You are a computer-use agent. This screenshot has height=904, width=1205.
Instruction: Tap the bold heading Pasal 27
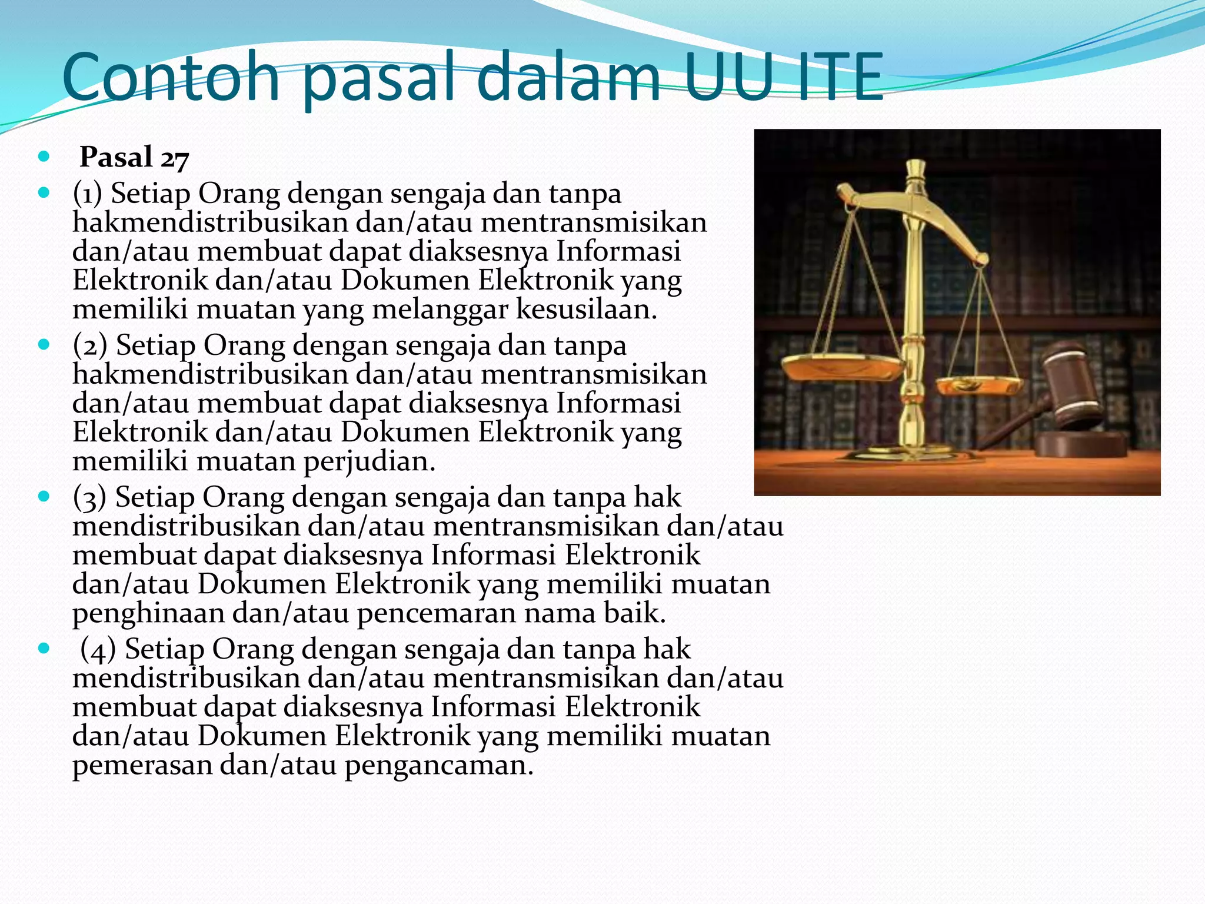(x=134, y=158)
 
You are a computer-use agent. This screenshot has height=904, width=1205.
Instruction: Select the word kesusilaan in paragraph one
(x=585, y=309)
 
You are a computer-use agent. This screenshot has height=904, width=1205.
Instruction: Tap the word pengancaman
(x=438, y=766)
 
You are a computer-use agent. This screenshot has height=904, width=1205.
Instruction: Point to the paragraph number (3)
(x=89, y=497)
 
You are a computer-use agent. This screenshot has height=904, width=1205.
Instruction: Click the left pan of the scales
(x=843, y=368)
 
